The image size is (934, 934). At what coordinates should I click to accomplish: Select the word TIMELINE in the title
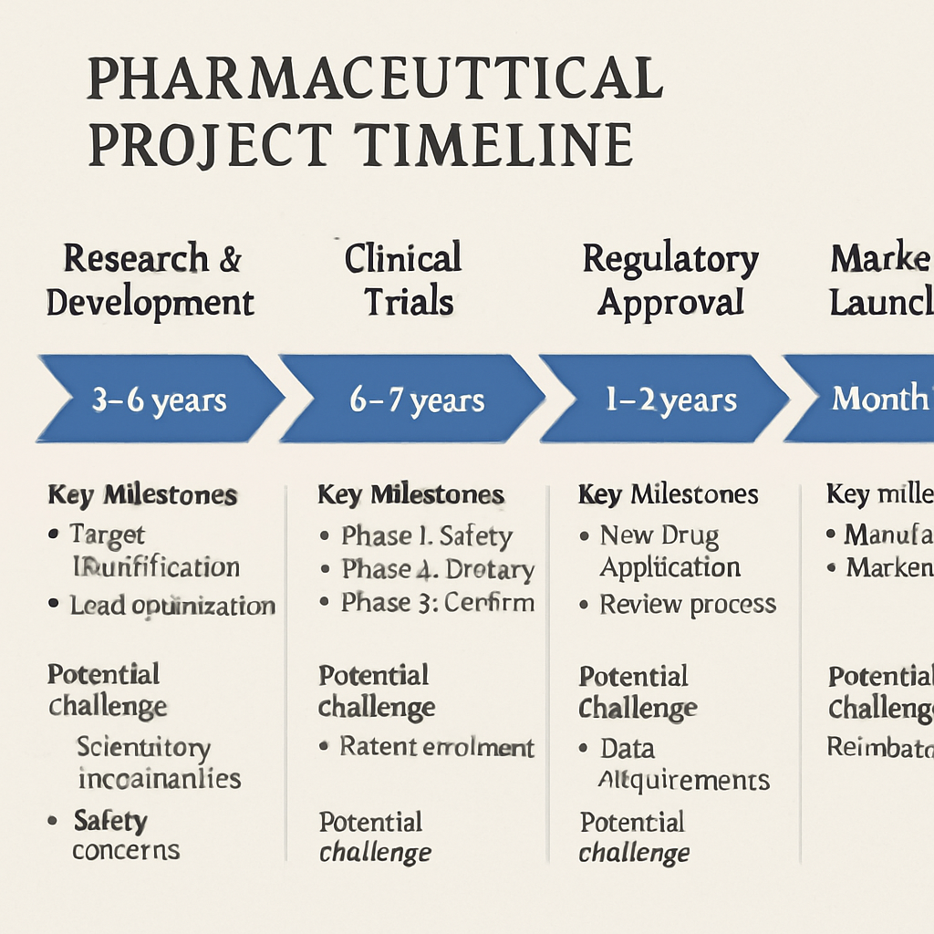pyautogui.click(x=493, y=145)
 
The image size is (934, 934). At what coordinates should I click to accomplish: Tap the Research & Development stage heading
pyautogui.click(x=150, y=280)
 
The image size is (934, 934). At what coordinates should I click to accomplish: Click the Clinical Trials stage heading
pyautogui.click(x=403, y=280)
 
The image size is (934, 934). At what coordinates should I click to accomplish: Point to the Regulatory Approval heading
pyautogui.click(x=670, y=280)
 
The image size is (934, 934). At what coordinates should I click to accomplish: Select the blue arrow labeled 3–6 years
pyautogui.click(x=159, y=400)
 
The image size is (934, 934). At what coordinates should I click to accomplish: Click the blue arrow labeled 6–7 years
pyautogui.click(x=416, y=400)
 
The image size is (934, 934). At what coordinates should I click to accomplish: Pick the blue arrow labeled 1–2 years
pyautogui.click(x=669, y=400)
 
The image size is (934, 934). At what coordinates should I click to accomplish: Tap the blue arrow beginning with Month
pyautogui.click(x=867, y=400)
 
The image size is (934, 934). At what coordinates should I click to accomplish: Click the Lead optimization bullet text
pyautogui.click(x=172, y=605)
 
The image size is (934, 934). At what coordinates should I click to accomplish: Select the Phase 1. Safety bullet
pyautogui.click(x=426, y=535)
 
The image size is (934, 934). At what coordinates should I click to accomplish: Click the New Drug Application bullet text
pyautogui.click(x=669, y=551)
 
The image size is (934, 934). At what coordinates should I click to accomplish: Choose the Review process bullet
pyautogui.click(x=687, y=604)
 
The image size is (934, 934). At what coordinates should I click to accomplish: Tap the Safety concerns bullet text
pyautogui.click(x=125, y=835)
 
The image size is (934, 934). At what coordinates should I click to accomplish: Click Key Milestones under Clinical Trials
pyautogui.click(x=410, y=495)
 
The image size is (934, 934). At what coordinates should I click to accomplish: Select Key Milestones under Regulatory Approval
pyautogui.click(x=668, y=494)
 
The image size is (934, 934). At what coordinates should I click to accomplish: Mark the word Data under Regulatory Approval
pyautogui.click(x=627, y=749)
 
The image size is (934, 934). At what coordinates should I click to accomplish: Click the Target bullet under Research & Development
pyautogui.click(x=108, y=534)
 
